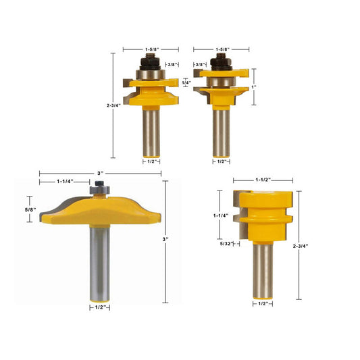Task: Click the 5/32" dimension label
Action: tap(227, 244)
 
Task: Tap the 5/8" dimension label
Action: tap(30, 209)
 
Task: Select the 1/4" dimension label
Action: tap(186, 82)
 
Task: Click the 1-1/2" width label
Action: tap(263, 180)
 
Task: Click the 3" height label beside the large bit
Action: tap(165, 239)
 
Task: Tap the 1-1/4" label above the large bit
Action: tap(65, 182)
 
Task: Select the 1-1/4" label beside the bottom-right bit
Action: tap(221, 215)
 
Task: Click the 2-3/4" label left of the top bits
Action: tap(113, 105)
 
